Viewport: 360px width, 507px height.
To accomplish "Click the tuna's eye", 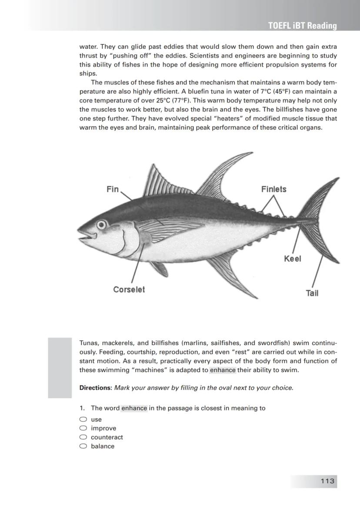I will pos(101,225).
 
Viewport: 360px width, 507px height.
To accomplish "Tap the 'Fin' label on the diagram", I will pos(113,189).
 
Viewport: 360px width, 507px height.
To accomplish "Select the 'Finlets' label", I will pos(274,189).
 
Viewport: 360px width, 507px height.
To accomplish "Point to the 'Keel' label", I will pos(292,259).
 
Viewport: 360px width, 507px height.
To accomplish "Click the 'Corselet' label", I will pos(129,290).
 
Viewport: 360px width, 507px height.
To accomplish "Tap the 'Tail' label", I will pos(312,293).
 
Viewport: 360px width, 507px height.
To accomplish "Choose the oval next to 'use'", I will pos(83,420).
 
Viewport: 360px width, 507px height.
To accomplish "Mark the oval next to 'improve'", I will pos(83,428).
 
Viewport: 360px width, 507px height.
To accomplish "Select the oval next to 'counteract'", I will pos(83,437).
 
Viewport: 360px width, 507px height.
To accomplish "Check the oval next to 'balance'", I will pos(83,446).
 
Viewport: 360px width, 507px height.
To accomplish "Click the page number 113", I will pos(327,481).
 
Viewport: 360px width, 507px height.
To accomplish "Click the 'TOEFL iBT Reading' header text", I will pos(303,26).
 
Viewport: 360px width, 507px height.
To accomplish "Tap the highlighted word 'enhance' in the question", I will pos(134,408).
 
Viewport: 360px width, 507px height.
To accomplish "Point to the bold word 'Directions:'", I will pos(96,388).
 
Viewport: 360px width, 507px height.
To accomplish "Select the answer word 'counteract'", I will pos(107,437).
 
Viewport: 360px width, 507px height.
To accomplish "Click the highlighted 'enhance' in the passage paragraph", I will pos(223,370).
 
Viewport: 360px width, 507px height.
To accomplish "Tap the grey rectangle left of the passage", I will pos(60,368).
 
